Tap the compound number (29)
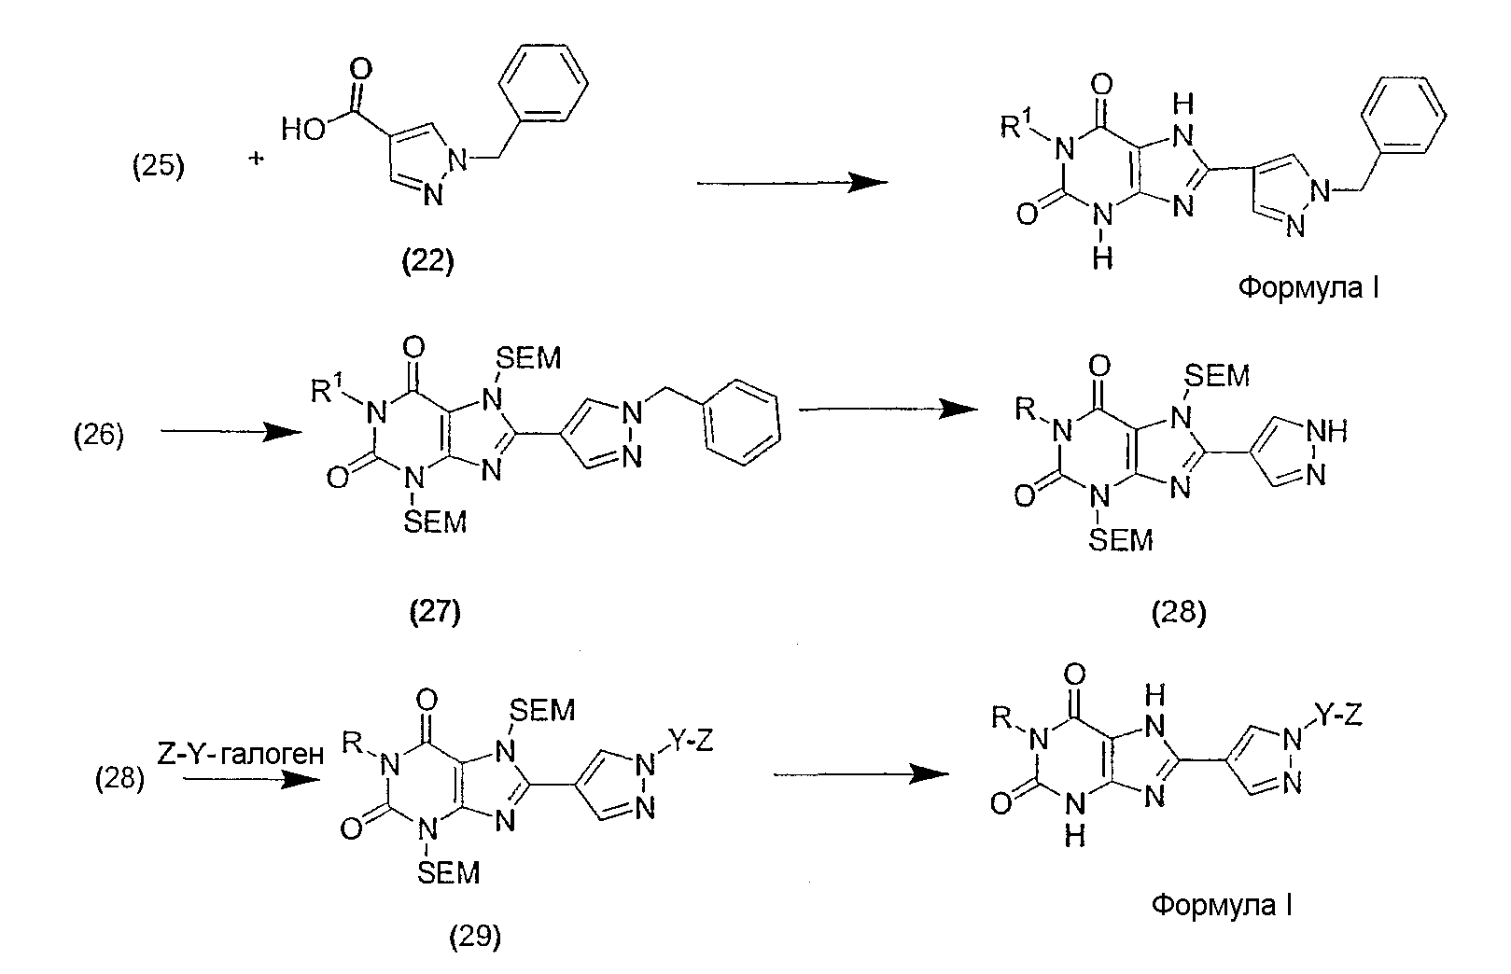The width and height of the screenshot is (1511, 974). [475, 936]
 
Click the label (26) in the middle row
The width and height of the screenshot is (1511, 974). [98, 436]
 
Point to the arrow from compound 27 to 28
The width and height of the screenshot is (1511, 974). [883, 409]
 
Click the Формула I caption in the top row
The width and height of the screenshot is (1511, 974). [1308, 289]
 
